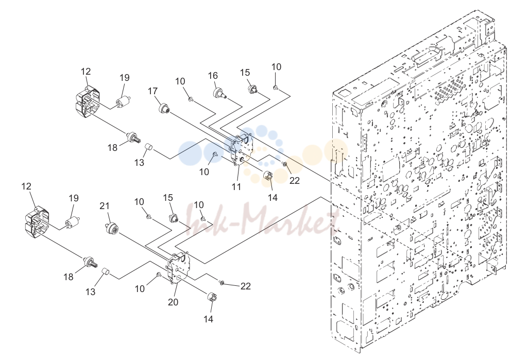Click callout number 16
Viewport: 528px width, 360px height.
213,75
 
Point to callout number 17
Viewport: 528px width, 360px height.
152,91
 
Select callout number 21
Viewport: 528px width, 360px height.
105,205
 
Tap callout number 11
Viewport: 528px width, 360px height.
236,186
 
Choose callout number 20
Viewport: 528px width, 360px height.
173,302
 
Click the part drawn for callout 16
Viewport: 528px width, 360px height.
220,92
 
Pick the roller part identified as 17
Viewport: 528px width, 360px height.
164,109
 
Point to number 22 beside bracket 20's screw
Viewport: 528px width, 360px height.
246,286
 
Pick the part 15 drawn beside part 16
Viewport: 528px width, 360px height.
252,90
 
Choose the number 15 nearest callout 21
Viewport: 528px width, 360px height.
168,198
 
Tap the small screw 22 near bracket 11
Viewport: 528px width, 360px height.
284,164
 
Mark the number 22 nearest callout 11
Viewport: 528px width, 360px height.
294,180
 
